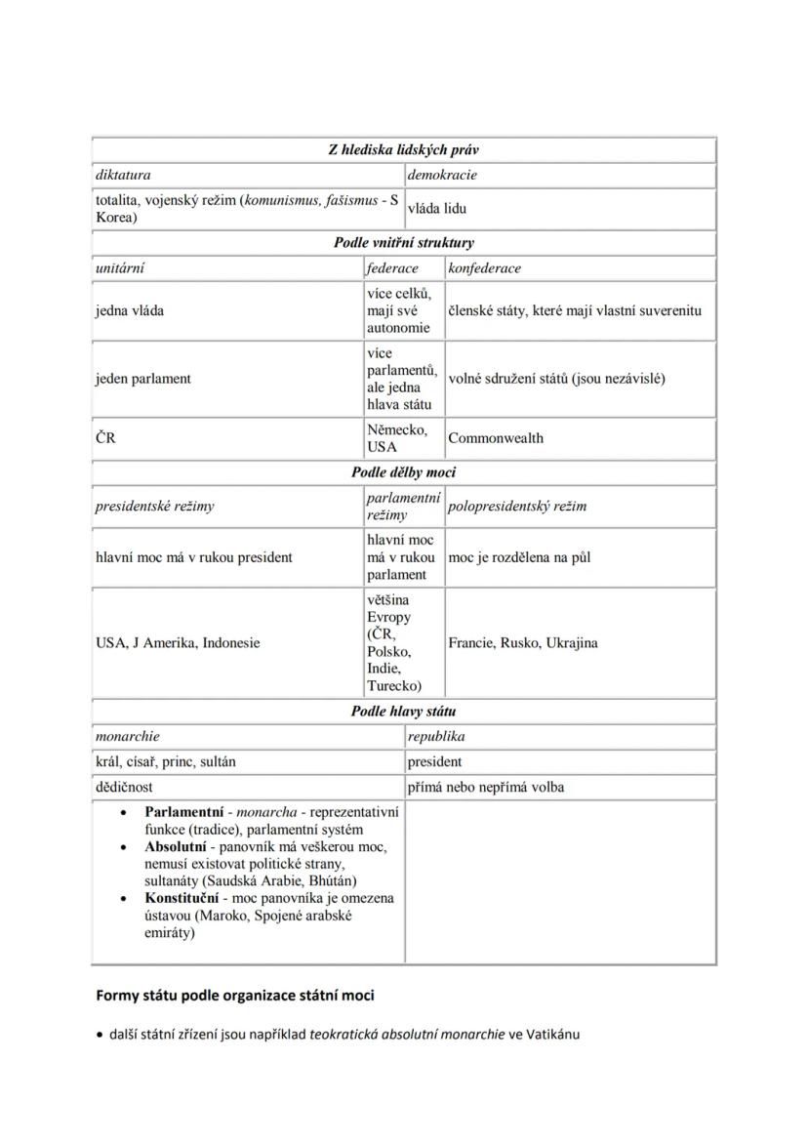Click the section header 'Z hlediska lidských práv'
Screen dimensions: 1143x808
point(403,150)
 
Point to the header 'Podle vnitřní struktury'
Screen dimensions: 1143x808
point(403,242)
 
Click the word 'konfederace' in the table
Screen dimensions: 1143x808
point(484,267)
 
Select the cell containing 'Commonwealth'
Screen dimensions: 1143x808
point(496,438)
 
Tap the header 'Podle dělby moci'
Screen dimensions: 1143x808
point(403,472)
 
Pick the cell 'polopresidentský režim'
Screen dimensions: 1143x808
point(517,507)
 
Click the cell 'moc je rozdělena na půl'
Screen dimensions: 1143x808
point(519,558)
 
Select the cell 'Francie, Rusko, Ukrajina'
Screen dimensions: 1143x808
point(523,643)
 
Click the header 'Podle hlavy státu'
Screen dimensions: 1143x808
point(403,712)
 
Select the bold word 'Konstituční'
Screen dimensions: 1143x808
point(182,898)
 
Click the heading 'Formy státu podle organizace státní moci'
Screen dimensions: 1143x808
point(234,997)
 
